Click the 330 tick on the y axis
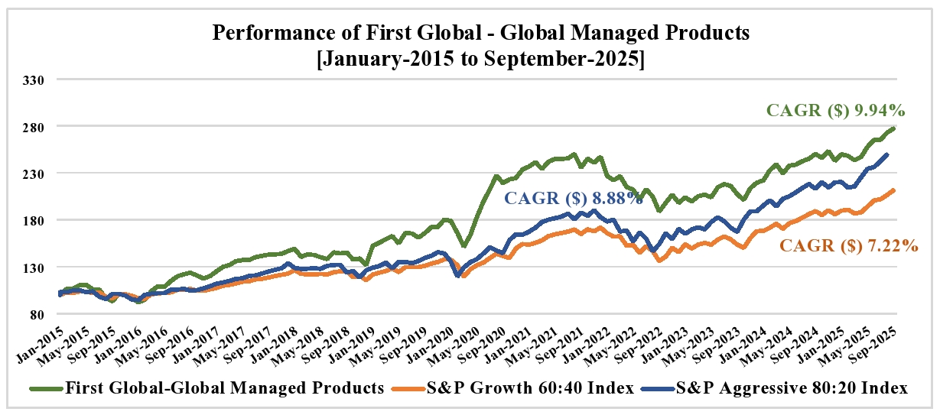pyautogui.click(x=37, y=79)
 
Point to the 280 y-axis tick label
pyautogui.click(x=37, y=126)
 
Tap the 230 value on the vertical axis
pyautogui.click(x=37, y=173)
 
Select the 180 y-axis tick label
pyautogui.click(x=37, y=220)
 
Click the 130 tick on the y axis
pyautogui.click(x=37, y=267)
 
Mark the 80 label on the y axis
pyautogui.click(x=40, y=314)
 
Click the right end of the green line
pyautogui.click(x=894, y=128)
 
